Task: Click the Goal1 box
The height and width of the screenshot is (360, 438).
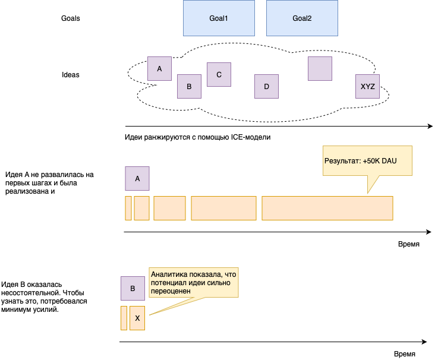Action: pyautogui.click(x=219, y=18)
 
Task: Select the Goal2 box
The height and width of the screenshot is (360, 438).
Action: pyautogui.click(x=302, y=18)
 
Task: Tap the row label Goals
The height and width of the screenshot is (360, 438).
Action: pyautogui.click(x=71, y=18)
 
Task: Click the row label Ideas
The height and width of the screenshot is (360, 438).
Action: pyautogui.click(x=71, y=75)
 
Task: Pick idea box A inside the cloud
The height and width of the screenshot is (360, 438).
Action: pyautogui.click(x=159, y=69)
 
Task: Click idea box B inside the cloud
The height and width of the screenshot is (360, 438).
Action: pyautogui.click(x=189, y=86)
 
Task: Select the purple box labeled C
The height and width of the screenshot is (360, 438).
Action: pyautogui.click(x=219, y=75)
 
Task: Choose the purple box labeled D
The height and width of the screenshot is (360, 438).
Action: pyautogui.click(x=266, y=86)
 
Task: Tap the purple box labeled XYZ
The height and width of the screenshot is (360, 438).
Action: pyautogui.click(x=368, y=86)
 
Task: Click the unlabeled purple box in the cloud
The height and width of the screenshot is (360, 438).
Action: pyautogui.click(x=320, y=68)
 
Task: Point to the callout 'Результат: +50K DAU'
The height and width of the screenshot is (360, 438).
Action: pyautogui.click(x=367, y=160)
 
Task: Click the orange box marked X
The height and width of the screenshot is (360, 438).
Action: pyautogui.click(x=137, y=318)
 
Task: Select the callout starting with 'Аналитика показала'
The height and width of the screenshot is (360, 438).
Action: pyautogui.click(x=194, y=283)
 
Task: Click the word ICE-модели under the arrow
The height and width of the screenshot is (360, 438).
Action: pyautogui.click(x=250, y=137)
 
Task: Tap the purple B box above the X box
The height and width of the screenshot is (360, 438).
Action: pyautogui.click(x=133, y=289)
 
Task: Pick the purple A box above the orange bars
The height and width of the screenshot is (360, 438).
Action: pyautogui.click(x=137, y=178)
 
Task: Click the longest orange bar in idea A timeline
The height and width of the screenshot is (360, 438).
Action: pyautogui.click(x=327, y=208)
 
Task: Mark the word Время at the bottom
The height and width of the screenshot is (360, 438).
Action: pyautogui.click(x=404, y=353)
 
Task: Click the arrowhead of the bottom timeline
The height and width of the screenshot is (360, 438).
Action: pyautogui.click(x=424, y=342)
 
